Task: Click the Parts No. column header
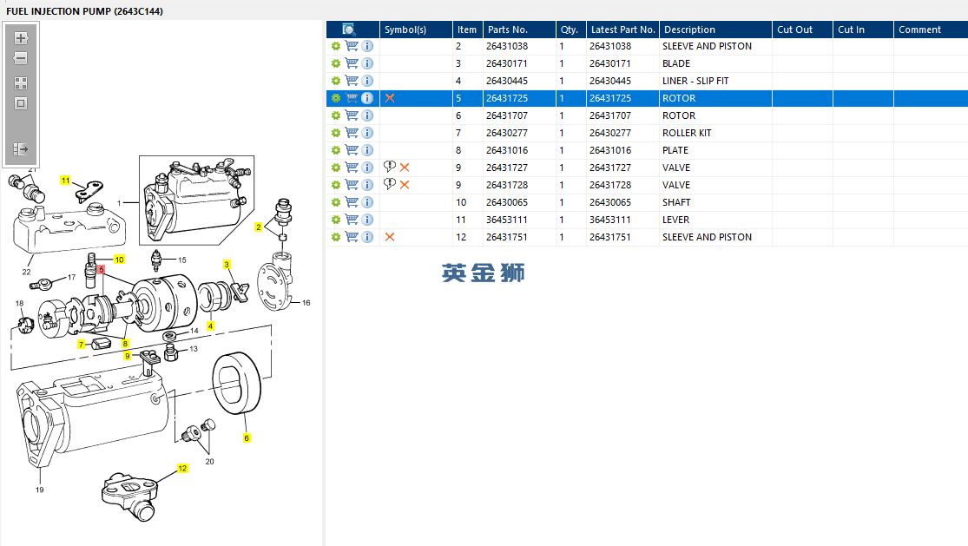tap(508, 30)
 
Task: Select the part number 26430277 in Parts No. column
tap(507, 133)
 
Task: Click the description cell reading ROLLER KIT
tap(687, 133)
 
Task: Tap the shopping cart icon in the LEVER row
tap(352, 219)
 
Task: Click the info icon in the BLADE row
tap(367, 63)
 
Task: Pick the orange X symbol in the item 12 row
tap(390, 237)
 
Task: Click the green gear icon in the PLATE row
tap(336, 150)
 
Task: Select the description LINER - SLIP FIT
tap(695, 81)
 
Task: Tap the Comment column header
tap(920, 30)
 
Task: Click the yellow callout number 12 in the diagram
tap(182, 468)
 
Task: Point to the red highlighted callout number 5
tap(102, 270)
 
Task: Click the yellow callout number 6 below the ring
tap(247, 438)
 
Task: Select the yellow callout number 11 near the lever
tap(65, 181)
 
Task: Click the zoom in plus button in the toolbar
tap(21, 37)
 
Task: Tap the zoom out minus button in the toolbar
tap(21, 59)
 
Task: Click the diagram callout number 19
tap(40, 490)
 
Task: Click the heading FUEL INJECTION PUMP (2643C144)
tap(84, 11)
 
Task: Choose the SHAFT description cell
tap(676, 202)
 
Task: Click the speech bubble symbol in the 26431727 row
tap(390, 167)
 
